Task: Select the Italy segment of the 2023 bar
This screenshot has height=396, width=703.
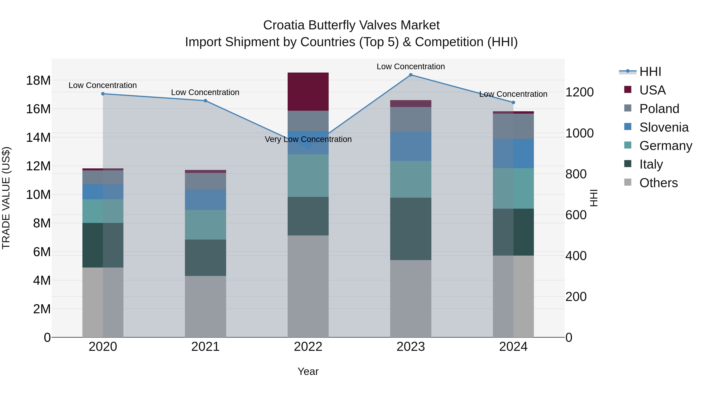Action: coord(410,229)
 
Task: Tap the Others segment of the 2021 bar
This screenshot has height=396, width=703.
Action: coord(205,306)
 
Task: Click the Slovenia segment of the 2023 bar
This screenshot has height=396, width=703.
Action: coord(410,146)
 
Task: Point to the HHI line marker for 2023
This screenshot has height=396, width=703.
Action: coord(410,75)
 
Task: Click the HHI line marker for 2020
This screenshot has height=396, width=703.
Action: coord(103,94)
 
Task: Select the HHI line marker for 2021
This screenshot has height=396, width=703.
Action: coord(205,101)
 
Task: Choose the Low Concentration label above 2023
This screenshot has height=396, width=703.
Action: coord(410,66)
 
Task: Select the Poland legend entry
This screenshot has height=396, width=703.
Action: coord(659,109)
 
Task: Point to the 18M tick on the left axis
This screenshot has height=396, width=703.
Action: coord(38,81)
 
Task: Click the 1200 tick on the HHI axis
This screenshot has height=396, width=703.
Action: coord(579,92)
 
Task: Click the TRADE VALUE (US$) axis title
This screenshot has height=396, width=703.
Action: coord(6,198)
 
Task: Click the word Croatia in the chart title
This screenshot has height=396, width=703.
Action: coord(284,25)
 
